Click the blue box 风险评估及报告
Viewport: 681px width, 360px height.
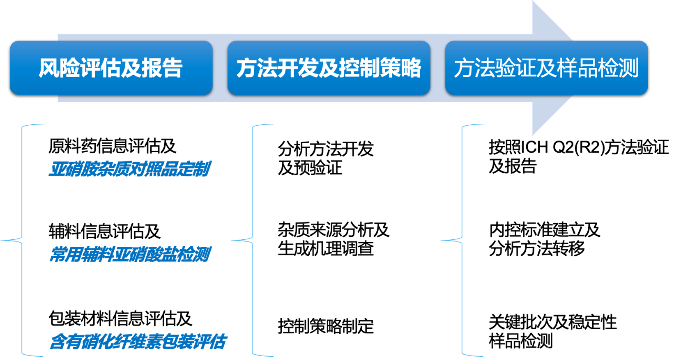[111, 68]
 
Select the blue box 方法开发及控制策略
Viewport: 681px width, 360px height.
[329, 68]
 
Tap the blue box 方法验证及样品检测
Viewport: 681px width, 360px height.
[546, 68]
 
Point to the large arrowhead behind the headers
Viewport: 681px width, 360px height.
[552, 68]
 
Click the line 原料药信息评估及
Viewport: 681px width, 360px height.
[112, 146]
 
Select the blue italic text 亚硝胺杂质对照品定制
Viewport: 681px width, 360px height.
[129, 169]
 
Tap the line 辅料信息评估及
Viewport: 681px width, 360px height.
[104, 231]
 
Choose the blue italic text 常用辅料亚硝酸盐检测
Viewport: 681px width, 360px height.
[129, 254]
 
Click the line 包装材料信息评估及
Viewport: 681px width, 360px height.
[120, 319]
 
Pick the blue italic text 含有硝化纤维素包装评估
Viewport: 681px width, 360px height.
[138, 342]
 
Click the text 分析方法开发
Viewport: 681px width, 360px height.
[326, 149]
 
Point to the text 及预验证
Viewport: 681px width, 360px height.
[310, 167]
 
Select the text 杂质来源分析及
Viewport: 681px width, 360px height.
[334, 230]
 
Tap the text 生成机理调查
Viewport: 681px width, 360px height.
[326, 248]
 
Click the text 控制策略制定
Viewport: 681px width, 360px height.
[326, 326]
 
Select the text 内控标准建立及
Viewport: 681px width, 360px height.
[545, 230]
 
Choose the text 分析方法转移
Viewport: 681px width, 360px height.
[536, 248]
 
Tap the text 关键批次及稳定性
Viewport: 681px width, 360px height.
[552, 322]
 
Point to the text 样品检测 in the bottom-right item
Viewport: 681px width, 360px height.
[520, 341]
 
